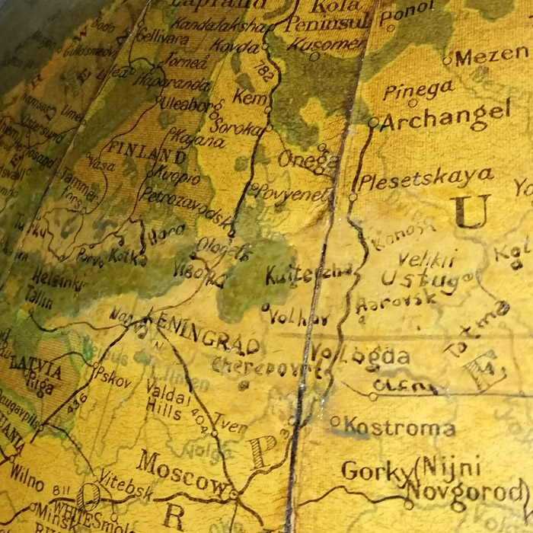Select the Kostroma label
[400, 427]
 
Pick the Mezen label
[492, 57]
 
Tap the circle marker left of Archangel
[373, 122]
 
